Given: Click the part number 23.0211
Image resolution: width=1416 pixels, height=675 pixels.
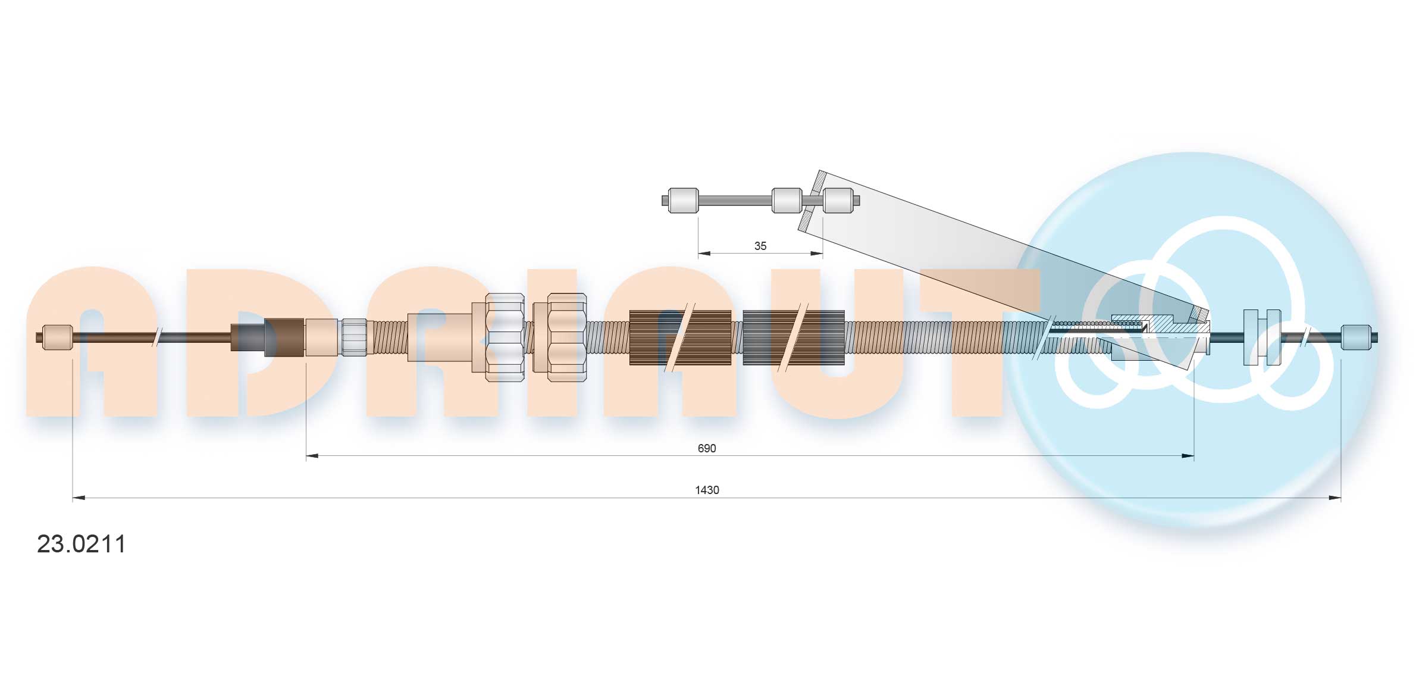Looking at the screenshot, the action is tap(81, 544).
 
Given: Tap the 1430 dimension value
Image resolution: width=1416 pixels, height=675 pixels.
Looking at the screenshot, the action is tap(707, 490).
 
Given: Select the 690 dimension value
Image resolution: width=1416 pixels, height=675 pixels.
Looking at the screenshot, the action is tap(707, 448).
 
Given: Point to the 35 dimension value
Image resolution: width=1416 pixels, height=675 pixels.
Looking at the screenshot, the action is tap(760, 246).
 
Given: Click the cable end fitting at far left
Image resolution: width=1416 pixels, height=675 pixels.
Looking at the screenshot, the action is tap(58, 337).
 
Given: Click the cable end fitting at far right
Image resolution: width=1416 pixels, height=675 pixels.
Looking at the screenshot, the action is tap(1357, 337).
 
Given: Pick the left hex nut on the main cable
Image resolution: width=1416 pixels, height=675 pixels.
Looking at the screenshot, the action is tap(505, 337).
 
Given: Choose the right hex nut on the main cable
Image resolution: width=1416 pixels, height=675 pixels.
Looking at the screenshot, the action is tap(566, 337).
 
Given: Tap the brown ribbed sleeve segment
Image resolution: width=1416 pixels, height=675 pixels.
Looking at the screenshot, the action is tap(680, 337).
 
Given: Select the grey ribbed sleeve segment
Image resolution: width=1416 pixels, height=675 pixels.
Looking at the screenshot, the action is tap(794, 337).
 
